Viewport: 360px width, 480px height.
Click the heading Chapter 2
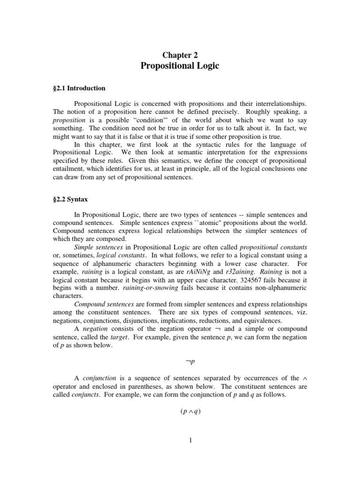180,55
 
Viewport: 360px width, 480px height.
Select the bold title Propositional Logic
180,66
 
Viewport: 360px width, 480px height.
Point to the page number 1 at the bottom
180,440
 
